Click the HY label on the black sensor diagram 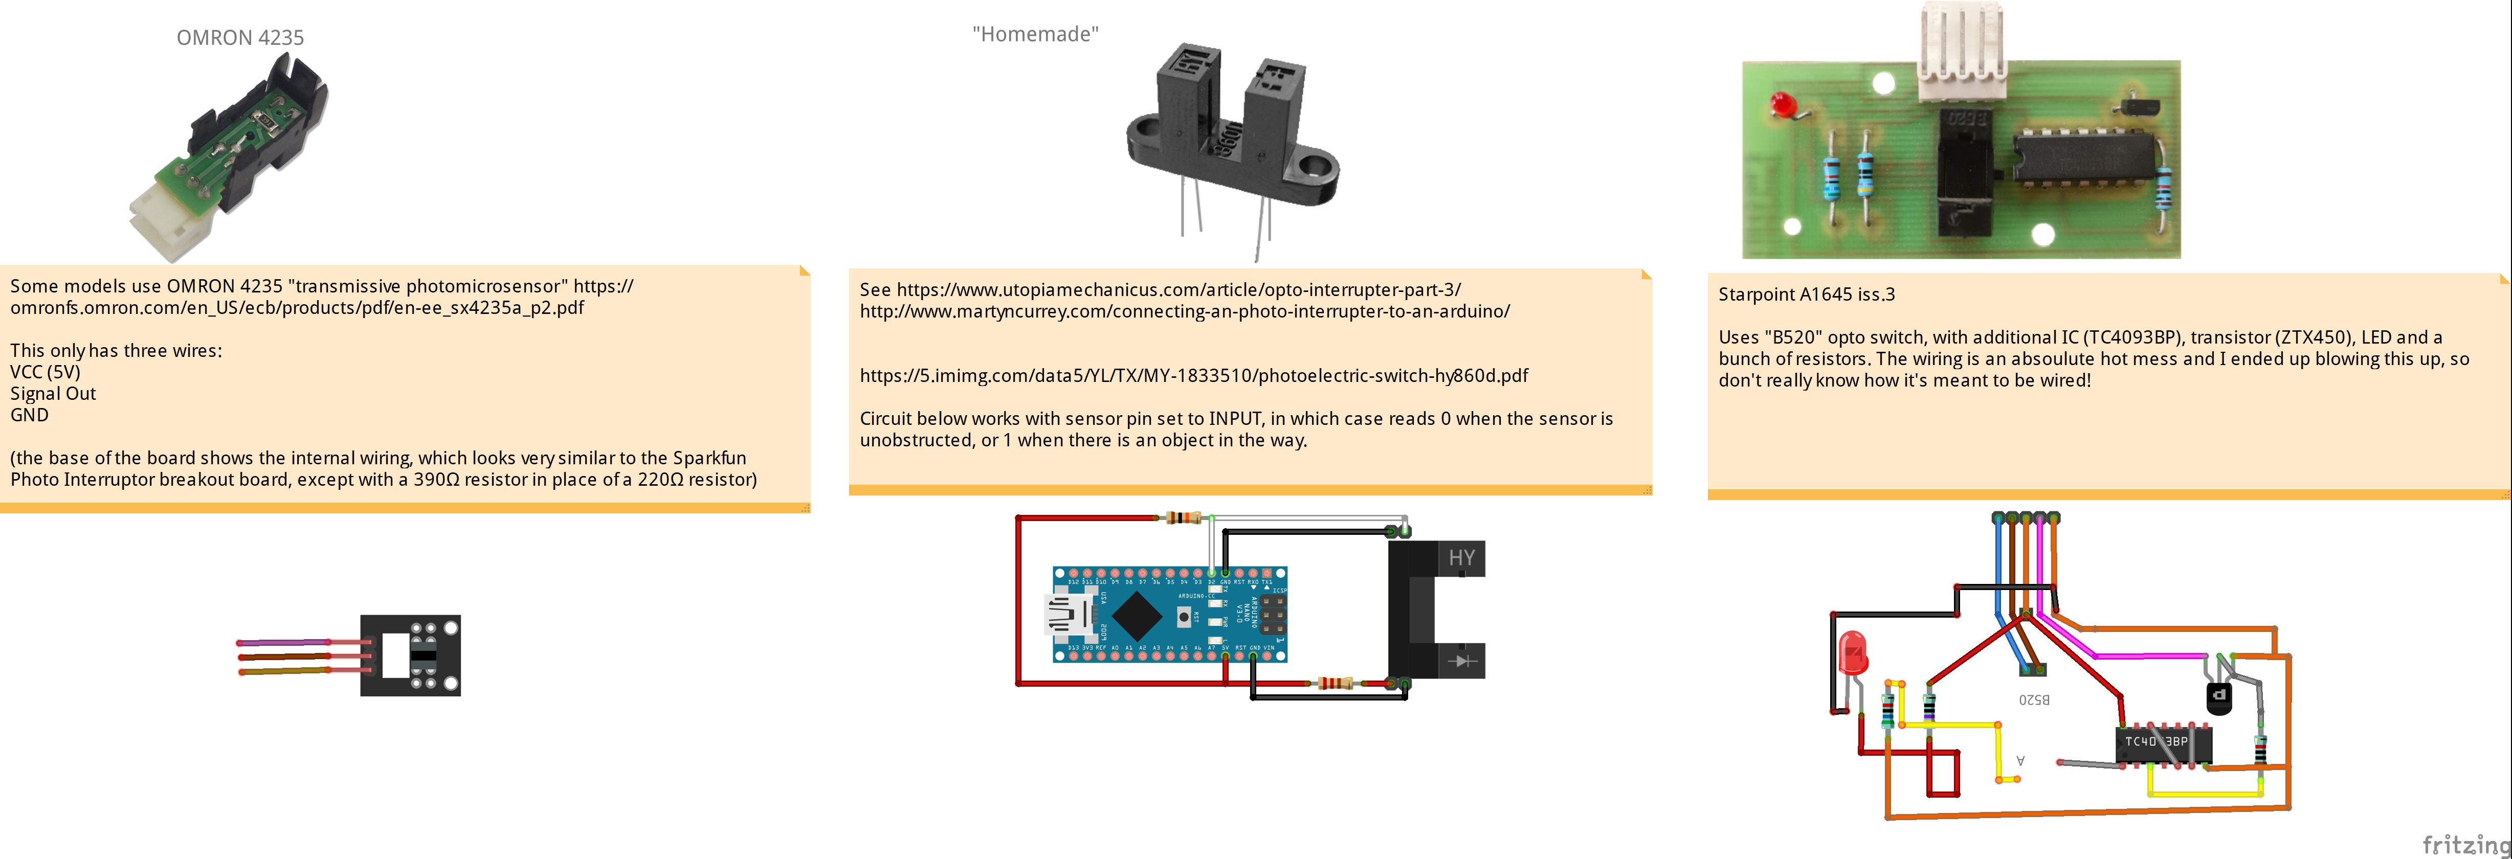1461,558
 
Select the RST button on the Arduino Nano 1184,616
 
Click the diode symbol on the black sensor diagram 1461,661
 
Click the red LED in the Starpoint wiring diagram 1852,653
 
